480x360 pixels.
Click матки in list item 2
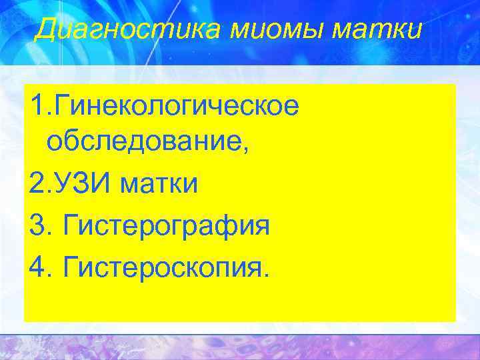(159, 183)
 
